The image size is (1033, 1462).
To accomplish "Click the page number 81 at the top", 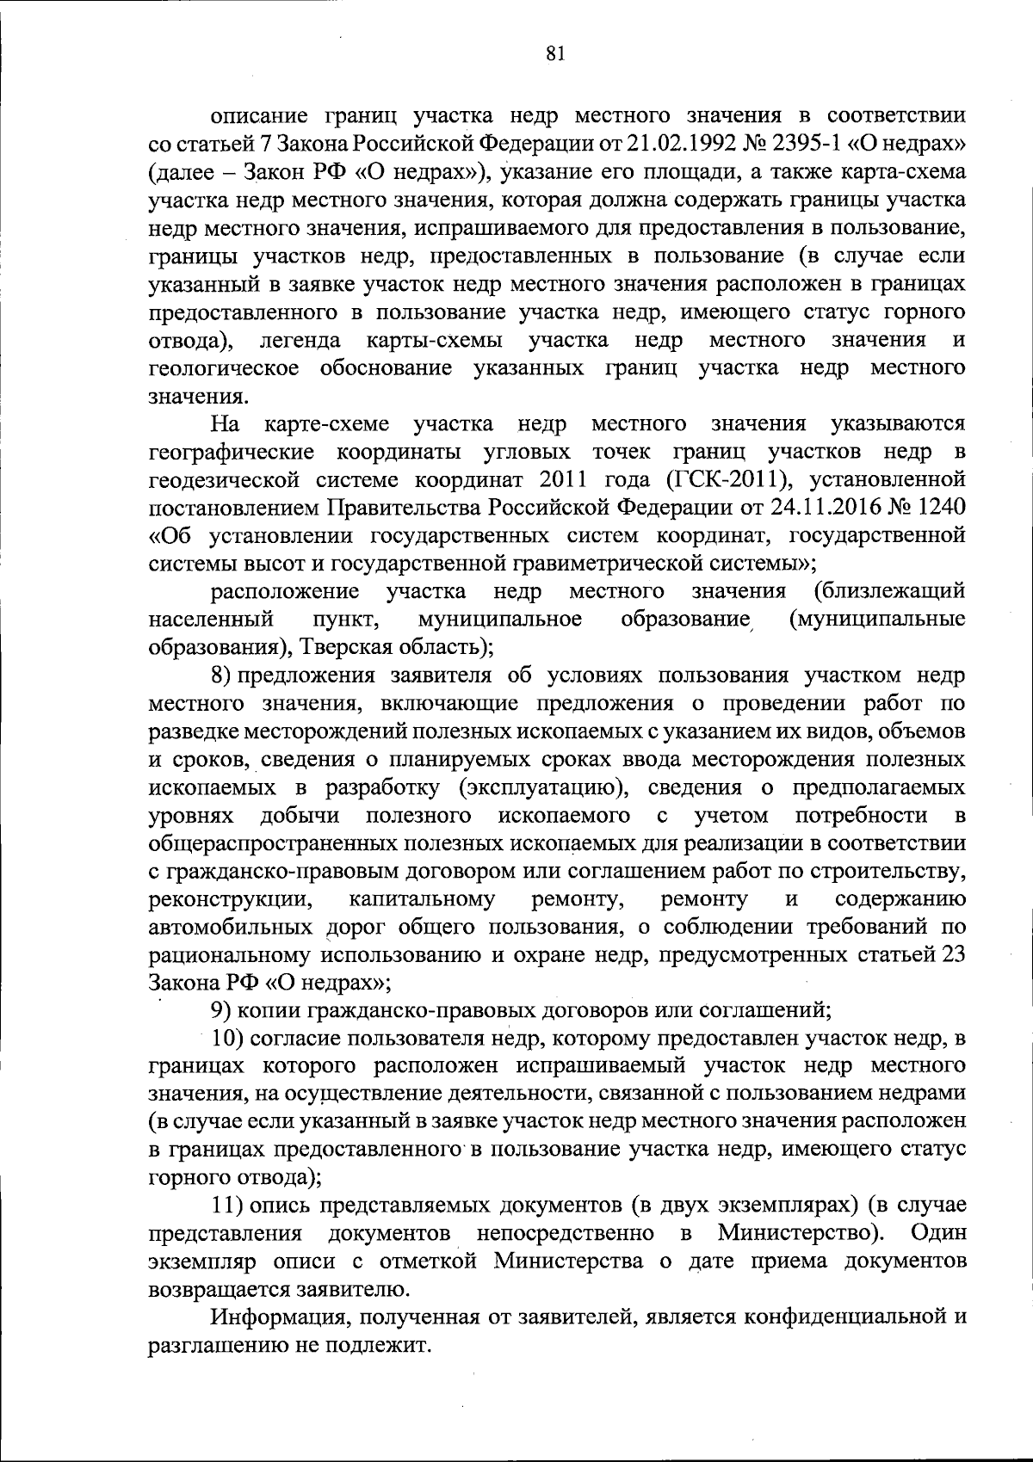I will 554,53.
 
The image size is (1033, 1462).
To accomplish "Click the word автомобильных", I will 230,927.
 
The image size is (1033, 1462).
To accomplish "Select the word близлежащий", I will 888,592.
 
